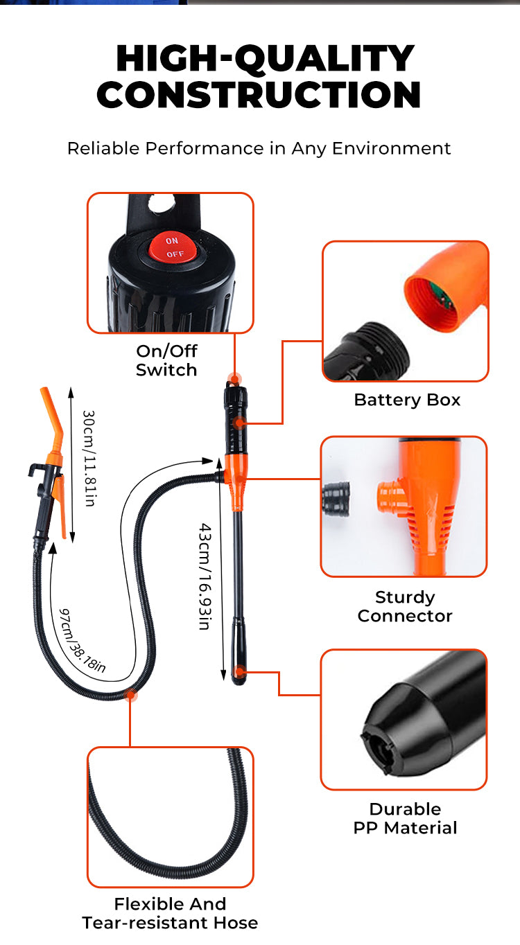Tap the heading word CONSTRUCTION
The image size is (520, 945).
pos(259,95)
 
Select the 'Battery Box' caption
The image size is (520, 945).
pos(407,400)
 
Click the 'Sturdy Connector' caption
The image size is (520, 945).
pos(405,606)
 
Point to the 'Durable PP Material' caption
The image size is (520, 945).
pos(405,818)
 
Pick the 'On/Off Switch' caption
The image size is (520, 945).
pos(166,360)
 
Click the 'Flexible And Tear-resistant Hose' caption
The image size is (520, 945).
pos(170,913)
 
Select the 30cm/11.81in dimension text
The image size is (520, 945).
pos(89,458)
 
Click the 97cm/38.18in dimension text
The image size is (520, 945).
pos(83,639)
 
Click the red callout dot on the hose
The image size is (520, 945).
pos(130,695)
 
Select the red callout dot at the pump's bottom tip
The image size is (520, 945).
pos(239,671)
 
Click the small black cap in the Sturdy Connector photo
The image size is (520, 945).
pos(338,497)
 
